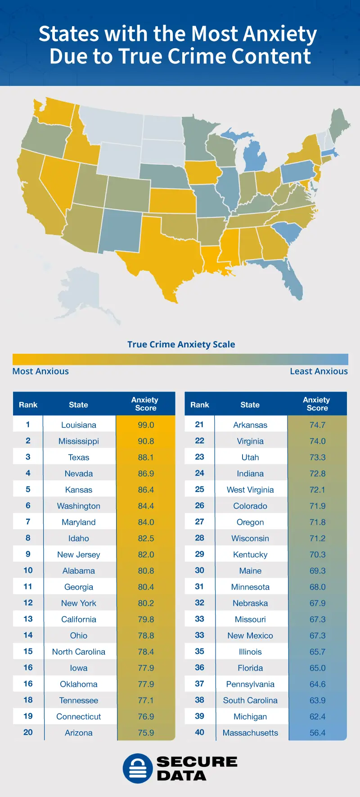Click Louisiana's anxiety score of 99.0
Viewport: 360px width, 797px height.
pos(146,425)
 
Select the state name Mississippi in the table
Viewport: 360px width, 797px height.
pos(79,441)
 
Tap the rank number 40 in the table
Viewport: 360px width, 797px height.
pos(199,732)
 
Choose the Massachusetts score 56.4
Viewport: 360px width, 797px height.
pos(317,733)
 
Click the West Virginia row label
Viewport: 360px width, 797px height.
pos(250,490)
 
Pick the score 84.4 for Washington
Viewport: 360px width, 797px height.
pos(146,506)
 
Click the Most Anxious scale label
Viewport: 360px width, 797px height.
pos(40,371)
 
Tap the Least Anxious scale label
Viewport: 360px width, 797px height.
pos(319,371)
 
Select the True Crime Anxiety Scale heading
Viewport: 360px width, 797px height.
pos(181,344)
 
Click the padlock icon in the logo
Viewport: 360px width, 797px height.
pos(138,768)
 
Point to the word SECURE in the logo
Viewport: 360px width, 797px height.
pos(197,761)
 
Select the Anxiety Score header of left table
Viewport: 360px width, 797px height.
pos(145,404)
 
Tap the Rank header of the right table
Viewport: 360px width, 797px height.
pos(199,405)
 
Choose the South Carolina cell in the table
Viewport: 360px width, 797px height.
pos(250,700)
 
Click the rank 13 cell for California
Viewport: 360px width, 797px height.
pos(28,619)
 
